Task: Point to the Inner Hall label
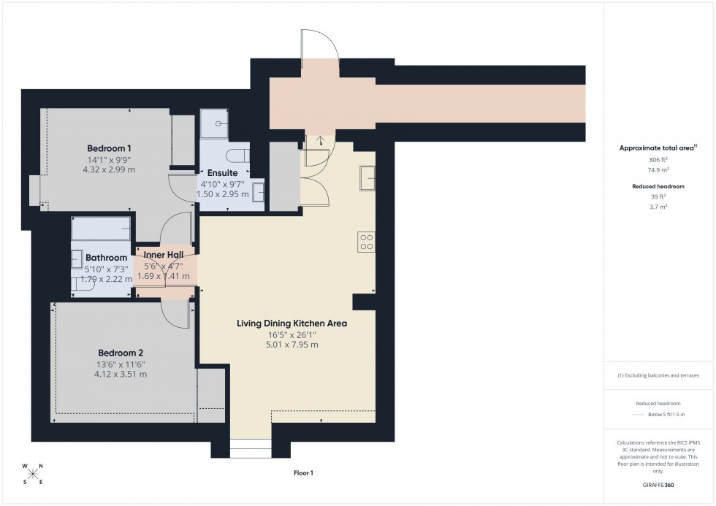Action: click(164, 254)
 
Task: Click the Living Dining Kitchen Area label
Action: click(292, 323)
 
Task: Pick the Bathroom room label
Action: click(107, 258)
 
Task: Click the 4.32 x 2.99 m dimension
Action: click(108, 169)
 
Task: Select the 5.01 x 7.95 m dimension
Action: click(292, 345)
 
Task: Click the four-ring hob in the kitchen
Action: click(366, 242)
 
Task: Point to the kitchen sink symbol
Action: click(367, 177)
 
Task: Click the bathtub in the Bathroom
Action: click(101, 229)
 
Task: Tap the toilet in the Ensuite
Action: click(237, 157)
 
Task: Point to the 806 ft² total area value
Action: click(658, 159)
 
